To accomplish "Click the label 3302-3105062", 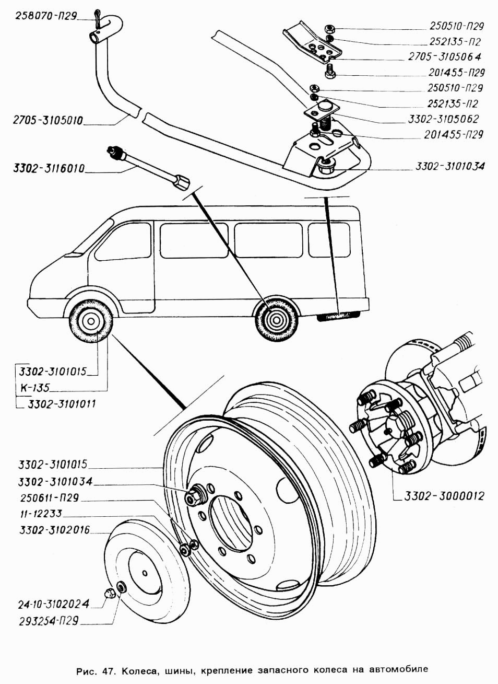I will click(443, 119).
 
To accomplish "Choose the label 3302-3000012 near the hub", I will click(444, 496).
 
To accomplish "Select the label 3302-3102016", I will click(54, 530).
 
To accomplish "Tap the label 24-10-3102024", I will click(51, 604).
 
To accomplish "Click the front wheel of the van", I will click(90, 320).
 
